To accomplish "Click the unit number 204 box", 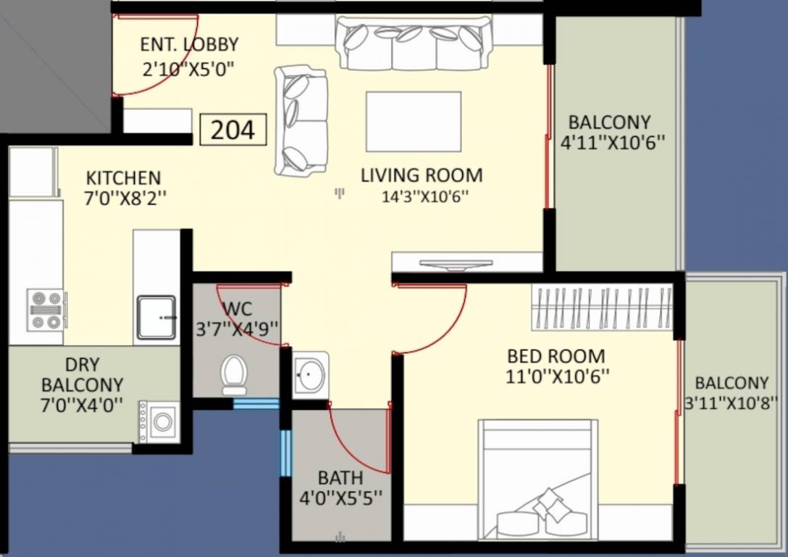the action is (233, 130).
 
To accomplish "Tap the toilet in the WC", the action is (234, 376).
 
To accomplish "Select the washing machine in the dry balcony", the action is (159, 421).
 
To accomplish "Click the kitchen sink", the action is (156, 317).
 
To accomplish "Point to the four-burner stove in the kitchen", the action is (46, 310).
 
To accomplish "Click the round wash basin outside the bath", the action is (311, 373).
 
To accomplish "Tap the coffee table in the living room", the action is (414, 121).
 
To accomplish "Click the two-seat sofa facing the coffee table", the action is (301, 120).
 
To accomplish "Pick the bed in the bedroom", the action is (538, 479).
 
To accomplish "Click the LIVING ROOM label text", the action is (422, 175).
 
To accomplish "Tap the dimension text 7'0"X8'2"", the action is (125, 198).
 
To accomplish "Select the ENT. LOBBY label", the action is (189, 44).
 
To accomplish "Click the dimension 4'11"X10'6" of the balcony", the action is (613, 142).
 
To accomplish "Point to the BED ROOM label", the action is (556, 356).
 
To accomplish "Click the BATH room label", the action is (340, 477).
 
